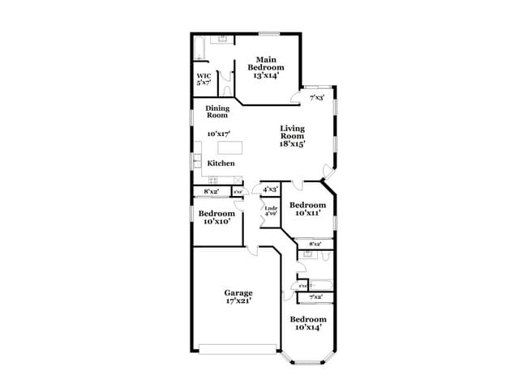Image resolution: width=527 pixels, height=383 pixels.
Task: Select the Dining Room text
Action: tap(216, 111)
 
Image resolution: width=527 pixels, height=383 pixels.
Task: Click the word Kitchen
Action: tap(221, 164)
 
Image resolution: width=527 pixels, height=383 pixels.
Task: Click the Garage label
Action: tap(238, 292)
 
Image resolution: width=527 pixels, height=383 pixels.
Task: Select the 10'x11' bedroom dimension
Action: tap(307, 213)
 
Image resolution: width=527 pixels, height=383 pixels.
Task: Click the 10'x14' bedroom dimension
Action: tap(307, 327)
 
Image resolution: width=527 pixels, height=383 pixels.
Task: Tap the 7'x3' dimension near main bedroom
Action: tap(317, 97)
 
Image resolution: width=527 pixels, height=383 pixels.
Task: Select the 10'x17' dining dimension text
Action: tap(219, 134)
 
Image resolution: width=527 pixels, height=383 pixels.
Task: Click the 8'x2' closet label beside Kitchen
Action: tap(211, 191)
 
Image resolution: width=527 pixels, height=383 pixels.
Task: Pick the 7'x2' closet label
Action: tap(315, 298)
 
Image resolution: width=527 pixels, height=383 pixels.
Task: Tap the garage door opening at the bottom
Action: tap(238, 350)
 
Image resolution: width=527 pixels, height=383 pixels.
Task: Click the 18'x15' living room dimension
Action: tap(292, 143)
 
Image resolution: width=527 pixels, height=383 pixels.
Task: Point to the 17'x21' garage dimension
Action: tap(238, 301)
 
